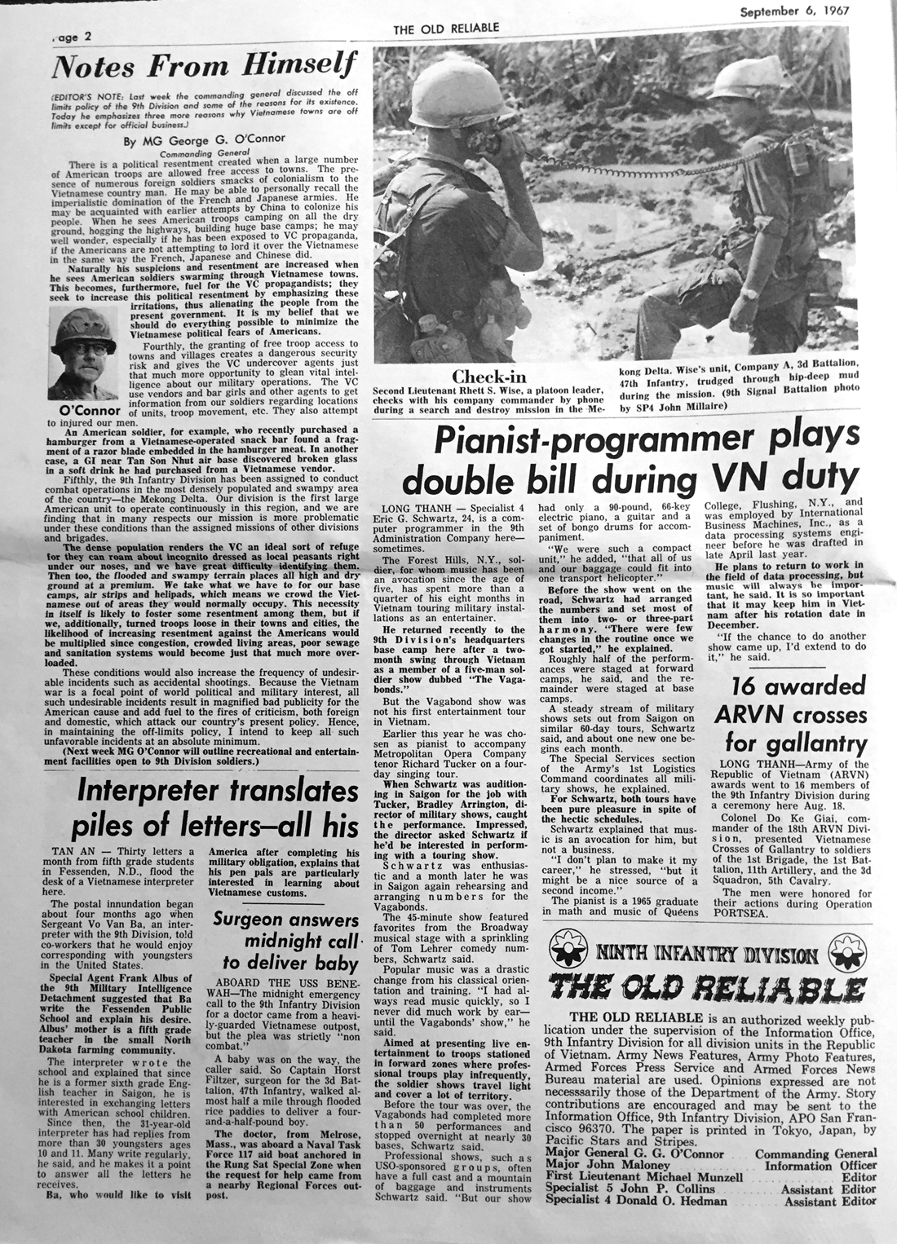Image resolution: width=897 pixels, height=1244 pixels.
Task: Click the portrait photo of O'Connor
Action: [82, 355]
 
